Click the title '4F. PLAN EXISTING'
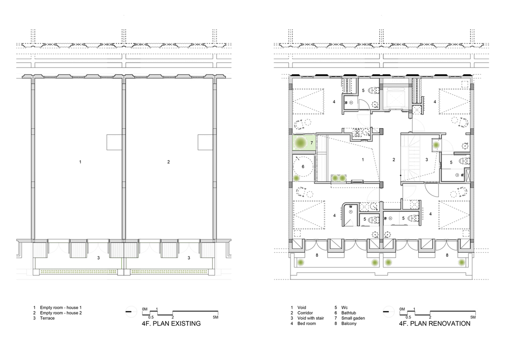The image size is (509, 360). coord(171,323)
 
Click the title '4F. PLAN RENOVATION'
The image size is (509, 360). coord(435,323)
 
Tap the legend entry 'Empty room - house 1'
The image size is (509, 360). coord(61,307)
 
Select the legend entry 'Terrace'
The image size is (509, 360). coord(47,318)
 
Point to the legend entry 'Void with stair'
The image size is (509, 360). coord(310,318)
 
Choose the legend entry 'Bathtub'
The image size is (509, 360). coord(348,313)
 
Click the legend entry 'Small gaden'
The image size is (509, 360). coord(353,318)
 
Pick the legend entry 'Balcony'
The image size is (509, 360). coord(348,323)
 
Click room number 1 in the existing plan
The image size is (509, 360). coord(80,161)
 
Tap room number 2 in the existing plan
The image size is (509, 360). coord(168,161)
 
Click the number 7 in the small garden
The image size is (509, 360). coord(311,143)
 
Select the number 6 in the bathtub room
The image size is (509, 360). coord(303,167)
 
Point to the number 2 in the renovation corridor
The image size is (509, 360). coord(394,160)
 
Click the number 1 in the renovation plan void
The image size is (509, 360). coord(363,160)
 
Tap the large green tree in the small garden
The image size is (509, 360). coord(301,143)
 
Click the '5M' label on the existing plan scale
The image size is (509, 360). coord(216,317)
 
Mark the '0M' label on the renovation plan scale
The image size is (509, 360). coord(402,309)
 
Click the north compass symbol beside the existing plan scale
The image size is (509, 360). coord(130,311)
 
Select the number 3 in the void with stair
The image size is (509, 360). coord(427,160)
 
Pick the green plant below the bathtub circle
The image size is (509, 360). coord(296,178)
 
